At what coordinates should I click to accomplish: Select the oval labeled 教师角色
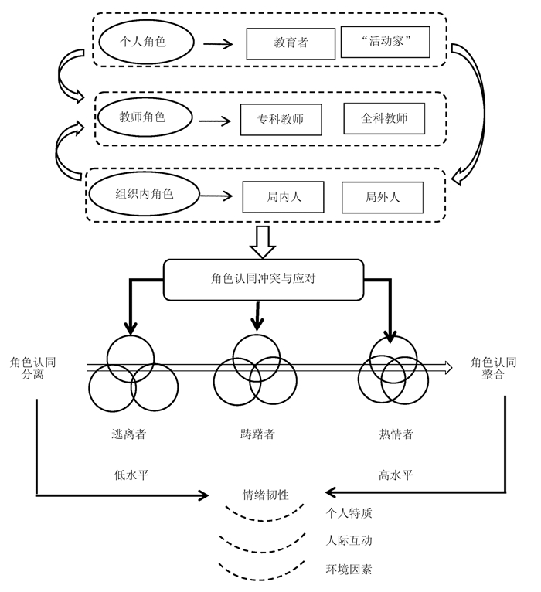pos(143,117)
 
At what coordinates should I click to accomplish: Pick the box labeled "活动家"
pos(385,43)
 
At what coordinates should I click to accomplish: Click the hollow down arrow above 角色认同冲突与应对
pos(263,242)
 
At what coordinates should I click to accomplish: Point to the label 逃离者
pos(129,434)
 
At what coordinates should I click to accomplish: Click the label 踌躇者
pos(257,434)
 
